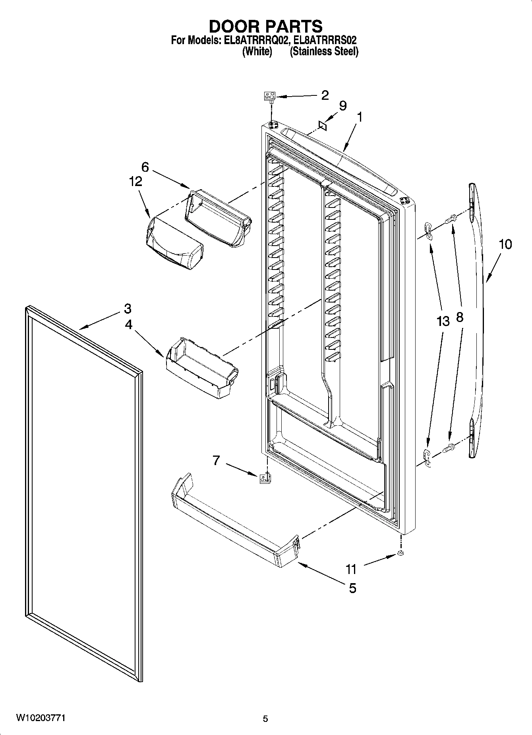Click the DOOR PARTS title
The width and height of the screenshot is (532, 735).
pyautogui.click(x=265, y=26)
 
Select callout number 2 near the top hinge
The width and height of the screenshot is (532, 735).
pyautogui.click(x=325, y=95)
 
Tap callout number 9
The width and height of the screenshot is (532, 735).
pyautogui.click(x=342, y=106)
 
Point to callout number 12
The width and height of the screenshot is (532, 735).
pyautogui.click(x=135, y=181)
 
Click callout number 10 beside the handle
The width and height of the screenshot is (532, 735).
pyautogui.click(x=505, y=244)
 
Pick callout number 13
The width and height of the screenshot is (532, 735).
pyautogui.click(x=443, y=321)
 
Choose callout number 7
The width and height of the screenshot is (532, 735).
pyautogui.click(x=216, y=460)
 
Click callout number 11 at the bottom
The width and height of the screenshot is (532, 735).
pyautogui.click(x=351, y=569)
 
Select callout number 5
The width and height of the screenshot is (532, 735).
pyautogui.click(x=352, y=588)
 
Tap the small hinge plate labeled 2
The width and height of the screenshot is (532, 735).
pyautogui.click(x=270, y=96)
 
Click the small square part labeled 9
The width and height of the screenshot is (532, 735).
pyautogui.click(x=323, y=126)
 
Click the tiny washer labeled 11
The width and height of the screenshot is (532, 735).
pyautogui.click(x=400, y=554)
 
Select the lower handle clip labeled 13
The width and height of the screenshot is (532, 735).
pyautogui.click(x=427, y=456)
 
